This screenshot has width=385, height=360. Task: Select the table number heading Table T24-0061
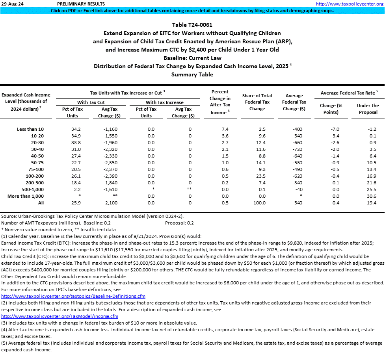tap(192, 24)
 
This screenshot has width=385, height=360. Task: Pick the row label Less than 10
tap(30, 129)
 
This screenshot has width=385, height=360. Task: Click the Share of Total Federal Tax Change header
tap(257, 102)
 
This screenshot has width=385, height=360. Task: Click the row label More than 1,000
tap(26, 196)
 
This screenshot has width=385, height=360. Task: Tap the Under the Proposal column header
tap(368, 109)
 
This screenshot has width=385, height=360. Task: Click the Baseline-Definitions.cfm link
tap(73, 296)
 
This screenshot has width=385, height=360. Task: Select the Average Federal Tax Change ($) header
tap(294, 102)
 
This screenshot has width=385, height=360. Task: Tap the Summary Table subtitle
tap(192, 74)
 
